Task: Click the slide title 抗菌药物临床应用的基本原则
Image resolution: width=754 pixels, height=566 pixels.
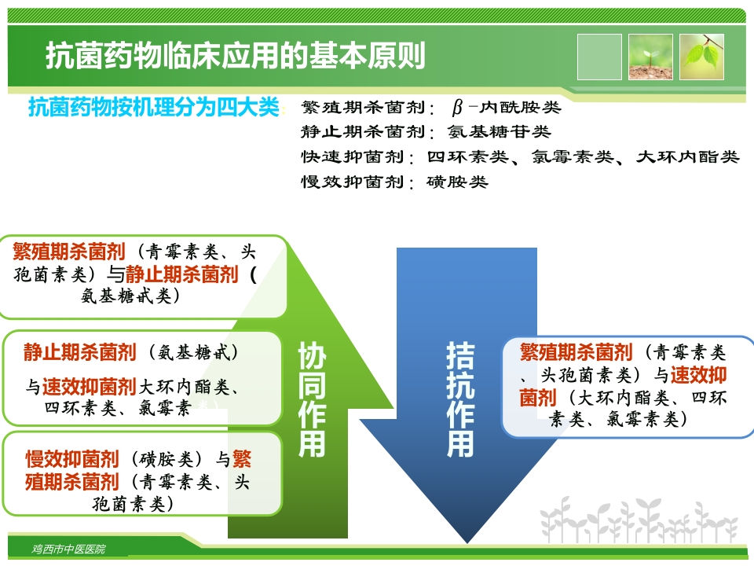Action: coord(236,56)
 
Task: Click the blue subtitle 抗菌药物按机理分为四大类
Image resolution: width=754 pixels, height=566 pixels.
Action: coord(154,107)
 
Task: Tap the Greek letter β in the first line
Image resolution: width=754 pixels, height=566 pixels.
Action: coord(458,108)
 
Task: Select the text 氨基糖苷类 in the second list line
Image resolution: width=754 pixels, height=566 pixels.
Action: coord(500,132)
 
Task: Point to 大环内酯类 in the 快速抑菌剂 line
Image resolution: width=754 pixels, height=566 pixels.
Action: coord(688,157)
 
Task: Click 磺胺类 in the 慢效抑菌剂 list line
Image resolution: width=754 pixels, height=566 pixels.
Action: coord(457,182)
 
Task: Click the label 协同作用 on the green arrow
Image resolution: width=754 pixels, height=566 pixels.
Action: coord(312,400)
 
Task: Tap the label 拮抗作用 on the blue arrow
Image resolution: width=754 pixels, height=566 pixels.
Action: coord(460,400)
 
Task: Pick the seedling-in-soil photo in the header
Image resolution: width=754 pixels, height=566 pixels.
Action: coord(650,57)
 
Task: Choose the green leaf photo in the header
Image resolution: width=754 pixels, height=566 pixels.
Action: coord(701,57)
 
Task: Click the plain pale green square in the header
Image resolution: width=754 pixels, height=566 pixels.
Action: coord(599,57)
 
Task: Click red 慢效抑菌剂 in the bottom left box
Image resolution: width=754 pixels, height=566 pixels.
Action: coord(72,458)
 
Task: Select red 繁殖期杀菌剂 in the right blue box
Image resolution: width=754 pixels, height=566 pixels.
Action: coord(576,351)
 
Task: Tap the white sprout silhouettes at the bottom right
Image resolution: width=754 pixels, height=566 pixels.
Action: coord(640,519)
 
